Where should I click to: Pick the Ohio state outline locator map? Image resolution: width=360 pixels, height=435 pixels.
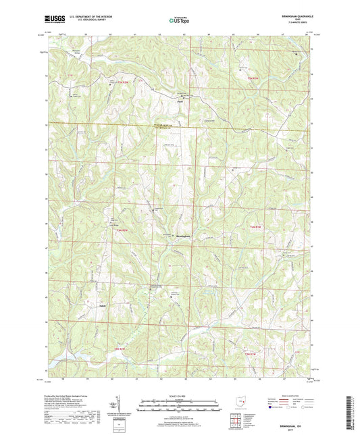[236, 399]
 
